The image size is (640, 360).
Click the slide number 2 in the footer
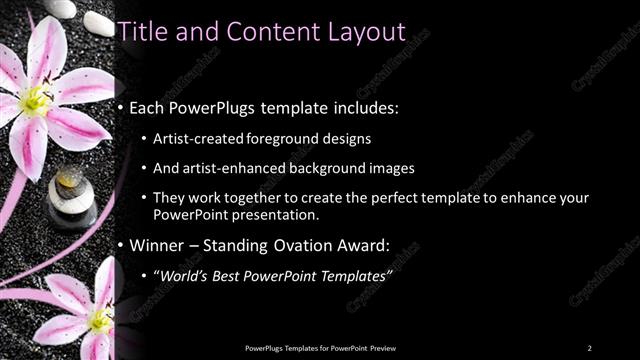point(589,347)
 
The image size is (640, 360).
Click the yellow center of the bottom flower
point(100,320)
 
